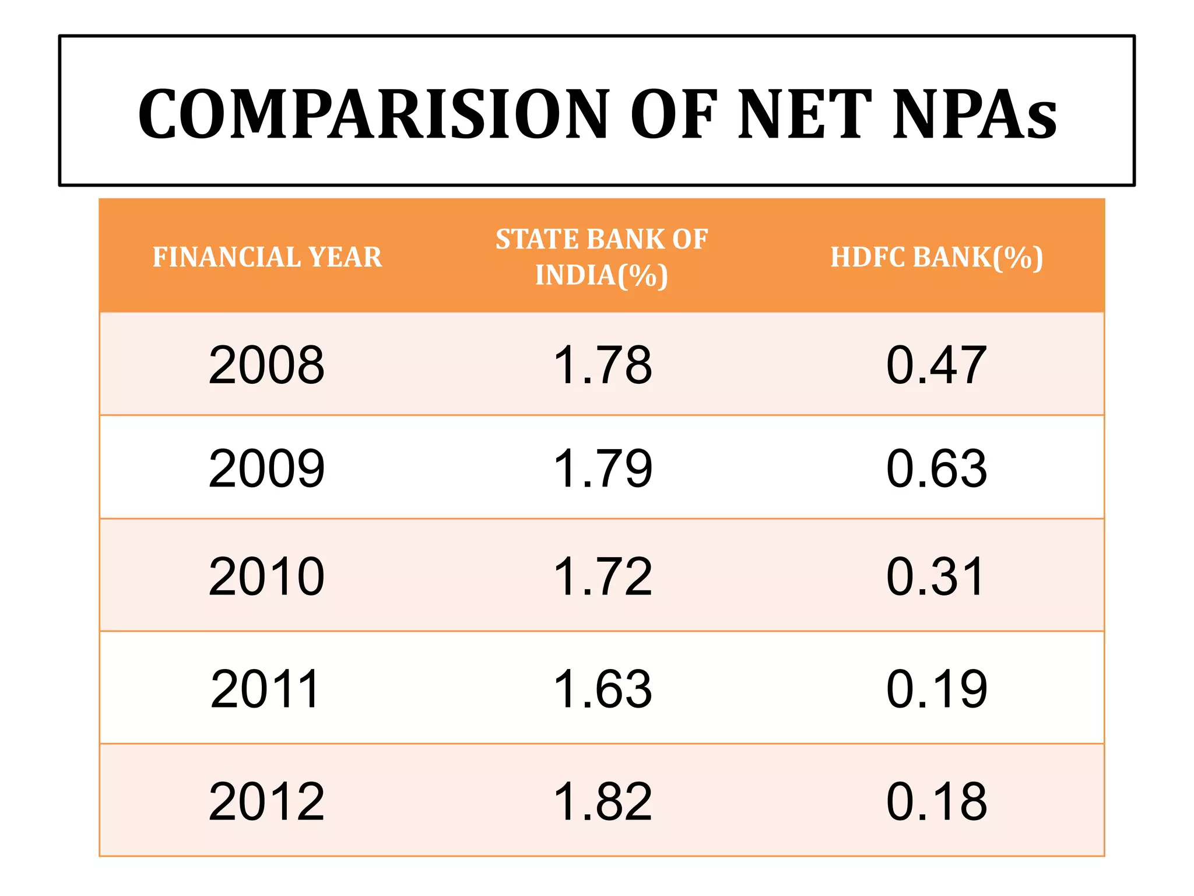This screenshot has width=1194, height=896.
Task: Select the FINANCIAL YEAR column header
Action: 267,257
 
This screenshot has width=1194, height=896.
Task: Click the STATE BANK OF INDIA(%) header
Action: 602,257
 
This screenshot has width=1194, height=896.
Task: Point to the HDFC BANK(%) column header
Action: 936,257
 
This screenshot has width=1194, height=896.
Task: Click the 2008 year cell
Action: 266,365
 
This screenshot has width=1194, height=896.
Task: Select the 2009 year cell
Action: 266,468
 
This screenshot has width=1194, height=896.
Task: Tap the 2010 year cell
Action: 266,576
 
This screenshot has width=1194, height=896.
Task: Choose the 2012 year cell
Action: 266,802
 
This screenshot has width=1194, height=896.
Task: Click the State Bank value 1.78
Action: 602,365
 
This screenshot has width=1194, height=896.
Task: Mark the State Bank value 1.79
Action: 602,468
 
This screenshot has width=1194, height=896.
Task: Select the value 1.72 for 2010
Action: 602,576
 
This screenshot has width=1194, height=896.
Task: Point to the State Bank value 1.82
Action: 602,802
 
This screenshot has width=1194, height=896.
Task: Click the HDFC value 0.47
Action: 936,365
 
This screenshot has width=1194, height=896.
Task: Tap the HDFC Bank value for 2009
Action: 936,468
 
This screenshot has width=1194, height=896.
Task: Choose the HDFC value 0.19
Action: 936,689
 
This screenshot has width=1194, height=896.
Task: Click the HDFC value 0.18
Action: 936,802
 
